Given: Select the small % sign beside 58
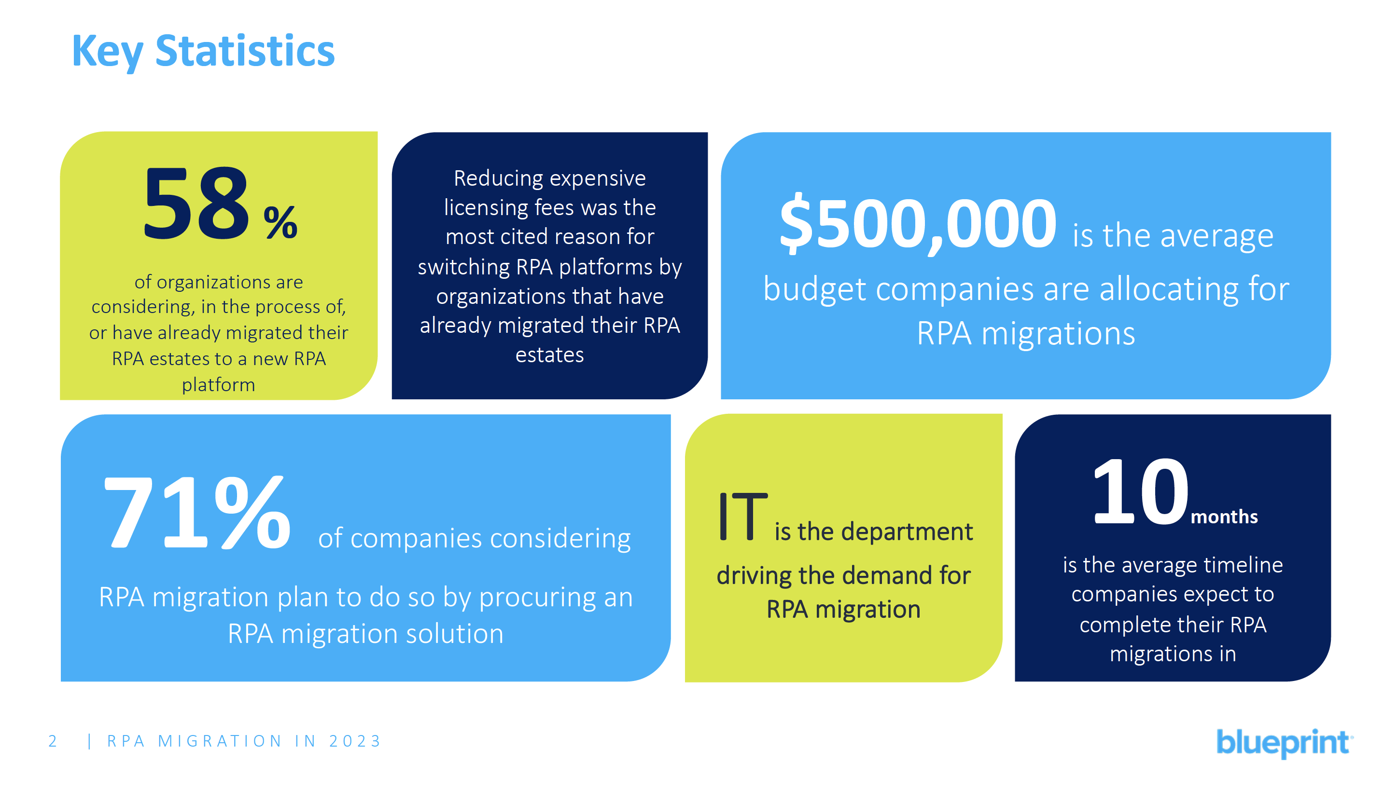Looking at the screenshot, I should point(280,222).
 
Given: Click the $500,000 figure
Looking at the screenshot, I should point(918,224).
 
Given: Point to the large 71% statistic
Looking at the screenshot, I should point(196,513).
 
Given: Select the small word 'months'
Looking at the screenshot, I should point(1224,517).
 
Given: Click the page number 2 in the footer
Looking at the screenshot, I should point(53,741).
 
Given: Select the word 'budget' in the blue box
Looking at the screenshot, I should point(814,289).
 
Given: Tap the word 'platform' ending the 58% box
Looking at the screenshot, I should point(218,385).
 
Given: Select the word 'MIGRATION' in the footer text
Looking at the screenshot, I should point(220,741).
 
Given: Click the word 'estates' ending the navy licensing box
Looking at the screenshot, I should point(549,355).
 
